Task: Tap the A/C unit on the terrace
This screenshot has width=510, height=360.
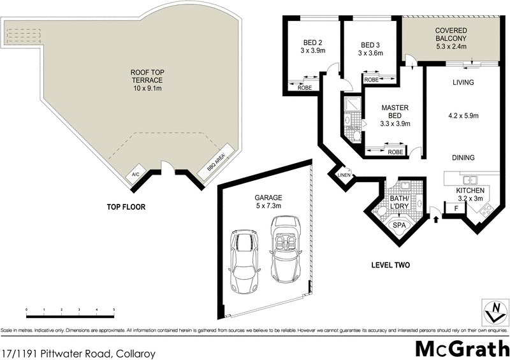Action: point(136,173)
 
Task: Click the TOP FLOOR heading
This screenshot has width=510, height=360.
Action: point(126,207)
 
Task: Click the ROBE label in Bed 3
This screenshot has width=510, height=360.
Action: point(371,80)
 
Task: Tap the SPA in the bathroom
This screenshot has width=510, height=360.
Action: point(399,226)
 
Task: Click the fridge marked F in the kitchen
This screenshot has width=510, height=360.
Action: point(456,208)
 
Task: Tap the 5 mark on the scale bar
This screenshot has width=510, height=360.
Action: point(113,310)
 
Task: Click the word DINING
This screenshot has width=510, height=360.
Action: point(463,157)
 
